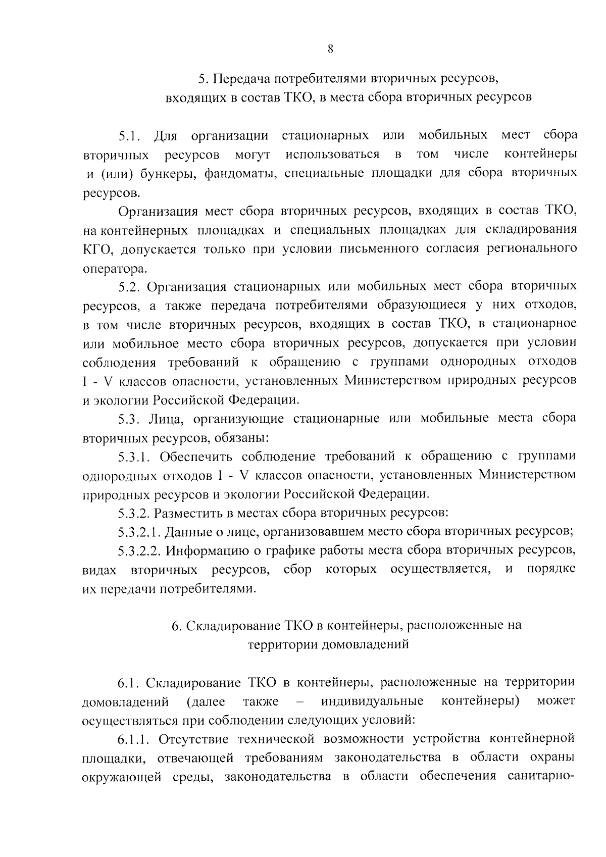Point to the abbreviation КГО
pos(94,249)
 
